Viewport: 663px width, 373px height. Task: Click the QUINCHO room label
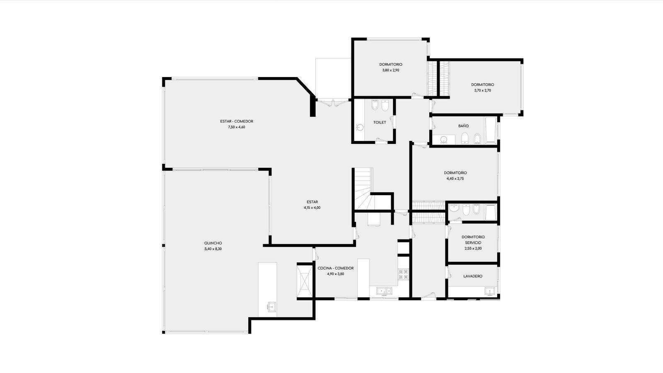(213, 243)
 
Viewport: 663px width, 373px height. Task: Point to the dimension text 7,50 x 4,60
(237, 127)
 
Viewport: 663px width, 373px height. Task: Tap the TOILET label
(380, 123)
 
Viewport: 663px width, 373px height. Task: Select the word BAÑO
(464, 126)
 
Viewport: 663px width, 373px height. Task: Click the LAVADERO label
(473, 276)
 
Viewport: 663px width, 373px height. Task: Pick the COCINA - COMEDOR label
(336, 268)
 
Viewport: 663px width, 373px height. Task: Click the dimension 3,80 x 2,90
(391, 70)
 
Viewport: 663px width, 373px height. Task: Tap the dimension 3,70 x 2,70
(482, 91)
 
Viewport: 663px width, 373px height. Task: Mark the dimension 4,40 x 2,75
(455, 179)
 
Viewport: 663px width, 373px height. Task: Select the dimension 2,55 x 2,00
(473, 249)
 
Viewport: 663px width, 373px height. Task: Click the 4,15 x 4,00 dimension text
(312, 208)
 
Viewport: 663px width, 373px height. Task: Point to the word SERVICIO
(473, 243)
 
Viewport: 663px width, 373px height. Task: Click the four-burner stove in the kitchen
(403, 274)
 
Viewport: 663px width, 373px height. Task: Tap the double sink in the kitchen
(384, 291)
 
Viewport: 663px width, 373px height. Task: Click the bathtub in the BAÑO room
(491, 131)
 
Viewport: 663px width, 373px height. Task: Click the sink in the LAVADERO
(489, 291)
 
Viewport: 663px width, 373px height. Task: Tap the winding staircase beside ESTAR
(363, 189)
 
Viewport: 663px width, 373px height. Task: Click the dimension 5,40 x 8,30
(213, 249)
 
